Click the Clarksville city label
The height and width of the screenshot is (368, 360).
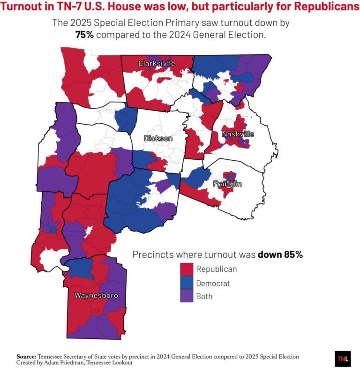coord(157,63)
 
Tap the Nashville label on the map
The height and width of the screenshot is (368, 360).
coord(238,134)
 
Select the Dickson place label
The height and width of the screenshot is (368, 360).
coord(158,138)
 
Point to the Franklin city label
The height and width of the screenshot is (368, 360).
coord(227,184)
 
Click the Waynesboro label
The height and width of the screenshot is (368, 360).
coord(96,295)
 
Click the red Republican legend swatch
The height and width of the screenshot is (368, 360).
coord(187,269)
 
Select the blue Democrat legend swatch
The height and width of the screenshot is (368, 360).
coord(187,283)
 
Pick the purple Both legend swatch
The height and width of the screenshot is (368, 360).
coord(187,296)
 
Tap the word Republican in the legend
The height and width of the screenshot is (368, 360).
coord(216,269)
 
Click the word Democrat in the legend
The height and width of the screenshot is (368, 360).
coord(213,283)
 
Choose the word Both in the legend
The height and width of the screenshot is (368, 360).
coord(204,296)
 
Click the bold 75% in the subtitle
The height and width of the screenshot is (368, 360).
coord(85,35)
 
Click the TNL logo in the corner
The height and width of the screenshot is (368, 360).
coord(342,358)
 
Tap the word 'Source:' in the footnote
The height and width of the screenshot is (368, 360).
coord(26,356)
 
